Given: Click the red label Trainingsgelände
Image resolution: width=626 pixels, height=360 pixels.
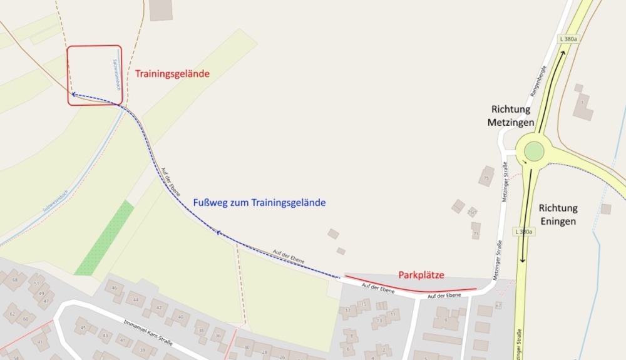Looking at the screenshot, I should coord(172,74).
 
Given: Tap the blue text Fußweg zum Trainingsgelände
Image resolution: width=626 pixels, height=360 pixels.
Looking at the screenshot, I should coord(260,203).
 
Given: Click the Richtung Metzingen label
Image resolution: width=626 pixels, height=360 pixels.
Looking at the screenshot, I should coord(511,115).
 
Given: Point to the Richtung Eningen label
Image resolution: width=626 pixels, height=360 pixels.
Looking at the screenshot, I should coord(558,214).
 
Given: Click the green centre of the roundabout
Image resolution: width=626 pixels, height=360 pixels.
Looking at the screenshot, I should coord(534,151).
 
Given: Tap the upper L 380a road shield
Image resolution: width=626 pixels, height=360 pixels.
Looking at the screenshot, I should coord(568,39).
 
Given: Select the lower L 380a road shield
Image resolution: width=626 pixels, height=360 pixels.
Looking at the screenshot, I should coord(524,232).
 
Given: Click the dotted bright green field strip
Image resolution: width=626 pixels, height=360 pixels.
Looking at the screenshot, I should coord(105,238).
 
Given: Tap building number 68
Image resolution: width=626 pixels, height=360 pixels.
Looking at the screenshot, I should coord(14,279).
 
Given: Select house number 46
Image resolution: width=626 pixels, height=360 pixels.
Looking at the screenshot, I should coord(115,289).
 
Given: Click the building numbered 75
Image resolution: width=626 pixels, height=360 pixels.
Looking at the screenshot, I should coord(486,177).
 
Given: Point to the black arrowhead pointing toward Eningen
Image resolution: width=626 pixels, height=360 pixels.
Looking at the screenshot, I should coord(521,261).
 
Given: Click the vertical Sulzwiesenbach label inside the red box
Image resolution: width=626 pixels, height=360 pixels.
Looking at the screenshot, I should coord(116,73).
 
